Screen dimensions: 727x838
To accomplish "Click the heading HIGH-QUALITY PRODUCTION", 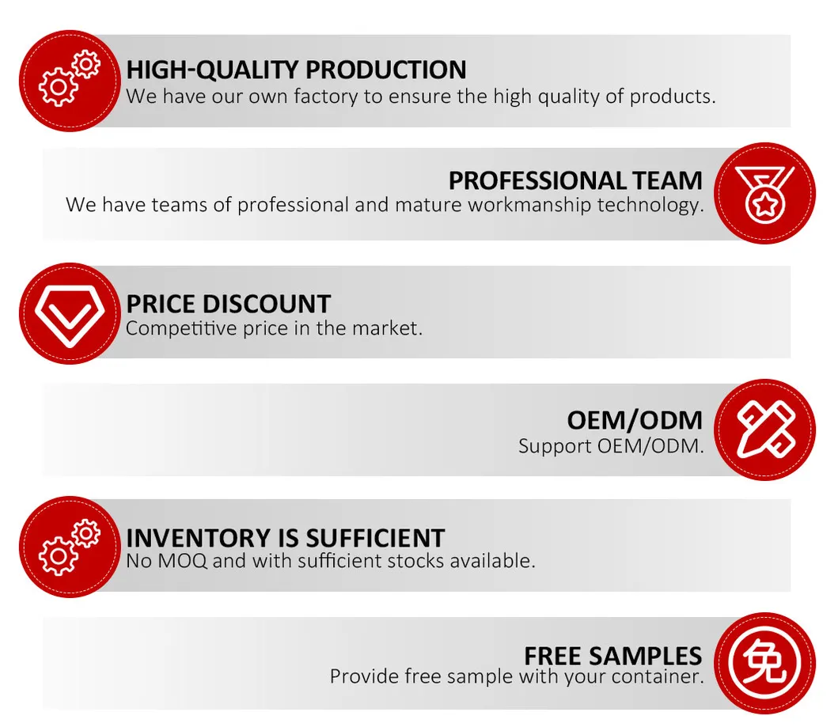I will [296, 70].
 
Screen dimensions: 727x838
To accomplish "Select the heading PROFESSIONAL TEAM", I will [575, 180].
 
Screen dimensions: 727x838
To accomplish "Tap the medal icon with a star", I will [764, 194].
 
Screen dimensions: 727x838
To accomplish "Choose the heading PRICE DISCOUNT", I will [228, 304].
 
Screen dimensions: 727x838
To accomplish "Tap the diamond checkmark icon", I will [69, 313].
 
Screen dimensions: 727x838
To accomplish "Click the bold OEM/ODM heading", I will [635, 420].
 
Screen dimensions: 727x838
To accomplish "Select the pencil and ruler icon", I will [764, 430].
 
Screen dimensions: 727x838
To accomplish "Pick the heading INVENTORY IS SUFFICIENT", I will [285, 538].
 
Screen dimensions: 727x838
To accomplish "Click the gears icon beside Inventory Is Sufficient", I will [69, 547].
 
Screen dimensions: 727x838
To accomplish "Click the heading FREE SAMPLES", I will [612, 656].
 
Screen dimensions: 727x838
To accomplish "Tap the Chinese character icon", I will [764, 663].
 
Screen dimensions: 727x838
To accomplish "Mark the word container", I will [662, 677].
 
